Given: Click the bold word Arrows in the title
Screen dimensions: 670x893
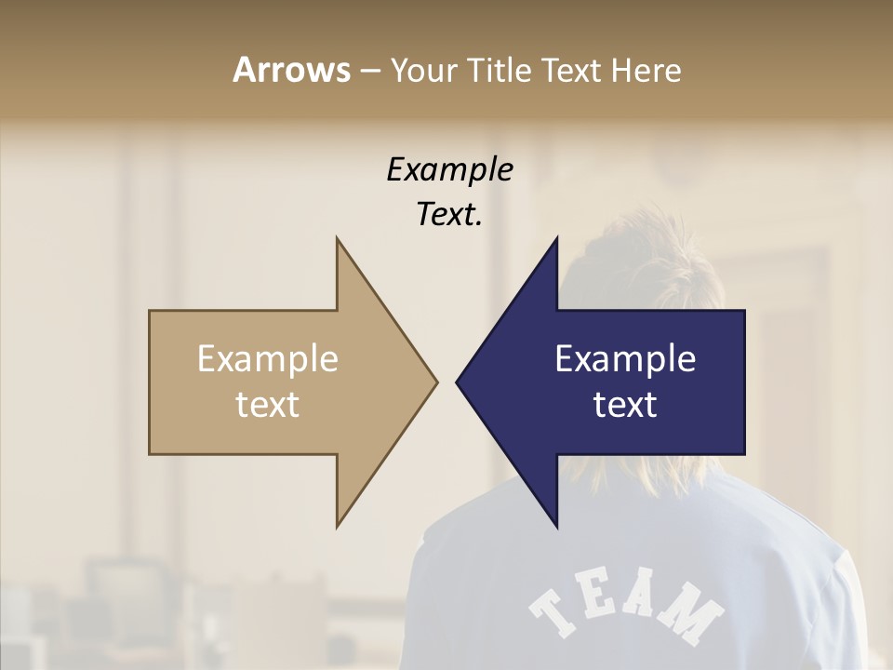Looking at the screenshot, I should [x=291, y=70].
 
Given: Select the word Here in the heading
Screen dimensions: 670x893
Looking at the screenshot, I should [x=646, y=71].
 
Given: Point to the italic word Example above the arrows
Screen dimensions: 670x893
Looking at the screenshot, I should [x=449, y=169].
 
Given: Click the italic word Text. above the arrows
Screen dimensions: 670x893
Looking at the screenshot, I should [x=449, y=214].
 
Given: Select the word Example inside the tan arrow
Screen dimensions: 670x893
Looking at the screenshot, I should [x=267, y=359].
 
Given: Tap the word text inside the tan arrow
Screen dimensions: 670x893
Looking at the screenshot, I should [x=267, y=404].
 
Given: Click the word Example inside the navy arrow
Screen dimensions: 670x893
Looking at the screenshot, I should [x=625, y=359].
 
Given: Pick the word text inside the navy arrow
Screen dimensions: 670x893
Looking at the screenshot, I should [x=625, y=404].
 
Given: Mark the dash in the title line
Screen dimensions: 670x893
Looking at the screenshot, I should [x=369, y=71].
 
